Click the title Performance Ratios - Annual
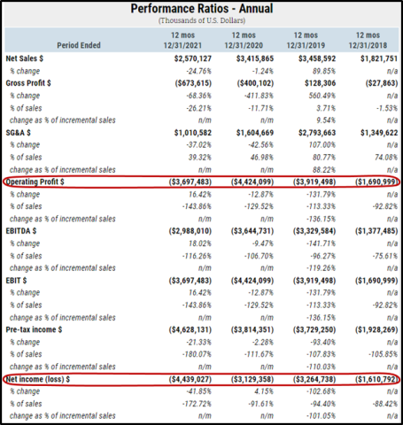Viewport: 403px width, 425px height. (202, 9)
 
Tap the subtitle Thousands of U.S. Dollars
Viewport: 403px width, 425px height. (202, 20)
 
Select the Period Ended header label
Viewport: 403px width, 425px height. (79, 45)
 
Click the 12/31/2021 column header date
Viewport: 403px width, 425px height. (182, 45)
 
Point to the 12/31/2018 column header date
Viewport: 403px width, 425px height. (368, 45)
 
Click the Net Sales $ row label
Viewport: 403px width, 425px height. (25, 58)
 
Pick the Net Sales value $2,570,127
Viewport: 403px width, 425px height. (193, 58)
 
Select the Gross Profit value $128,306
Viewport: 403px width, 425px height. (321, 83)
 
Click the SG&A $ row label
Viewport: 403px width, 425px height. (18, 133)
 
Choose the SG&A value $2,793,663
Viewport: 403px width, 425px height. (317, 133)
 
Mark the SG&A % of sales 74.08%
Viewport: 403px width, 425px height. (386, 158)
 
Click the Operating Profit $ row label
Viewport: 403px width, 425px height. (35, 182)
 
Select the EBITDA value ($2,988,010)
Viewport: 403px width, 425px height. (190, 231)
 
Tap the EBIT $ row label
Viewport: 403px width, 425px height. (16, 281)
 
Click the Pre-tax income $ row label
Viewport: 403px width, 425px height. (34, 329)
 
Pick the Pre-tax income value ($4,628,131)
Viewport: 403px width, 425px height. (190, 329)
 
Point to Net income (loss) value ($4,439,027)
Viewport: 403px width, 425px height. (190, 379)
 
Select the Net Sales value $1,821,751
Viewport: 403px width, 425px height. (379, 58)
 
